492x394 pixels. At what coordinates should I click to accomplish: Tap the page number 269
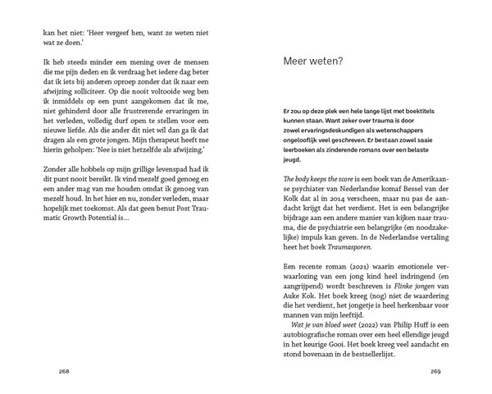tap(435, 371)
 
